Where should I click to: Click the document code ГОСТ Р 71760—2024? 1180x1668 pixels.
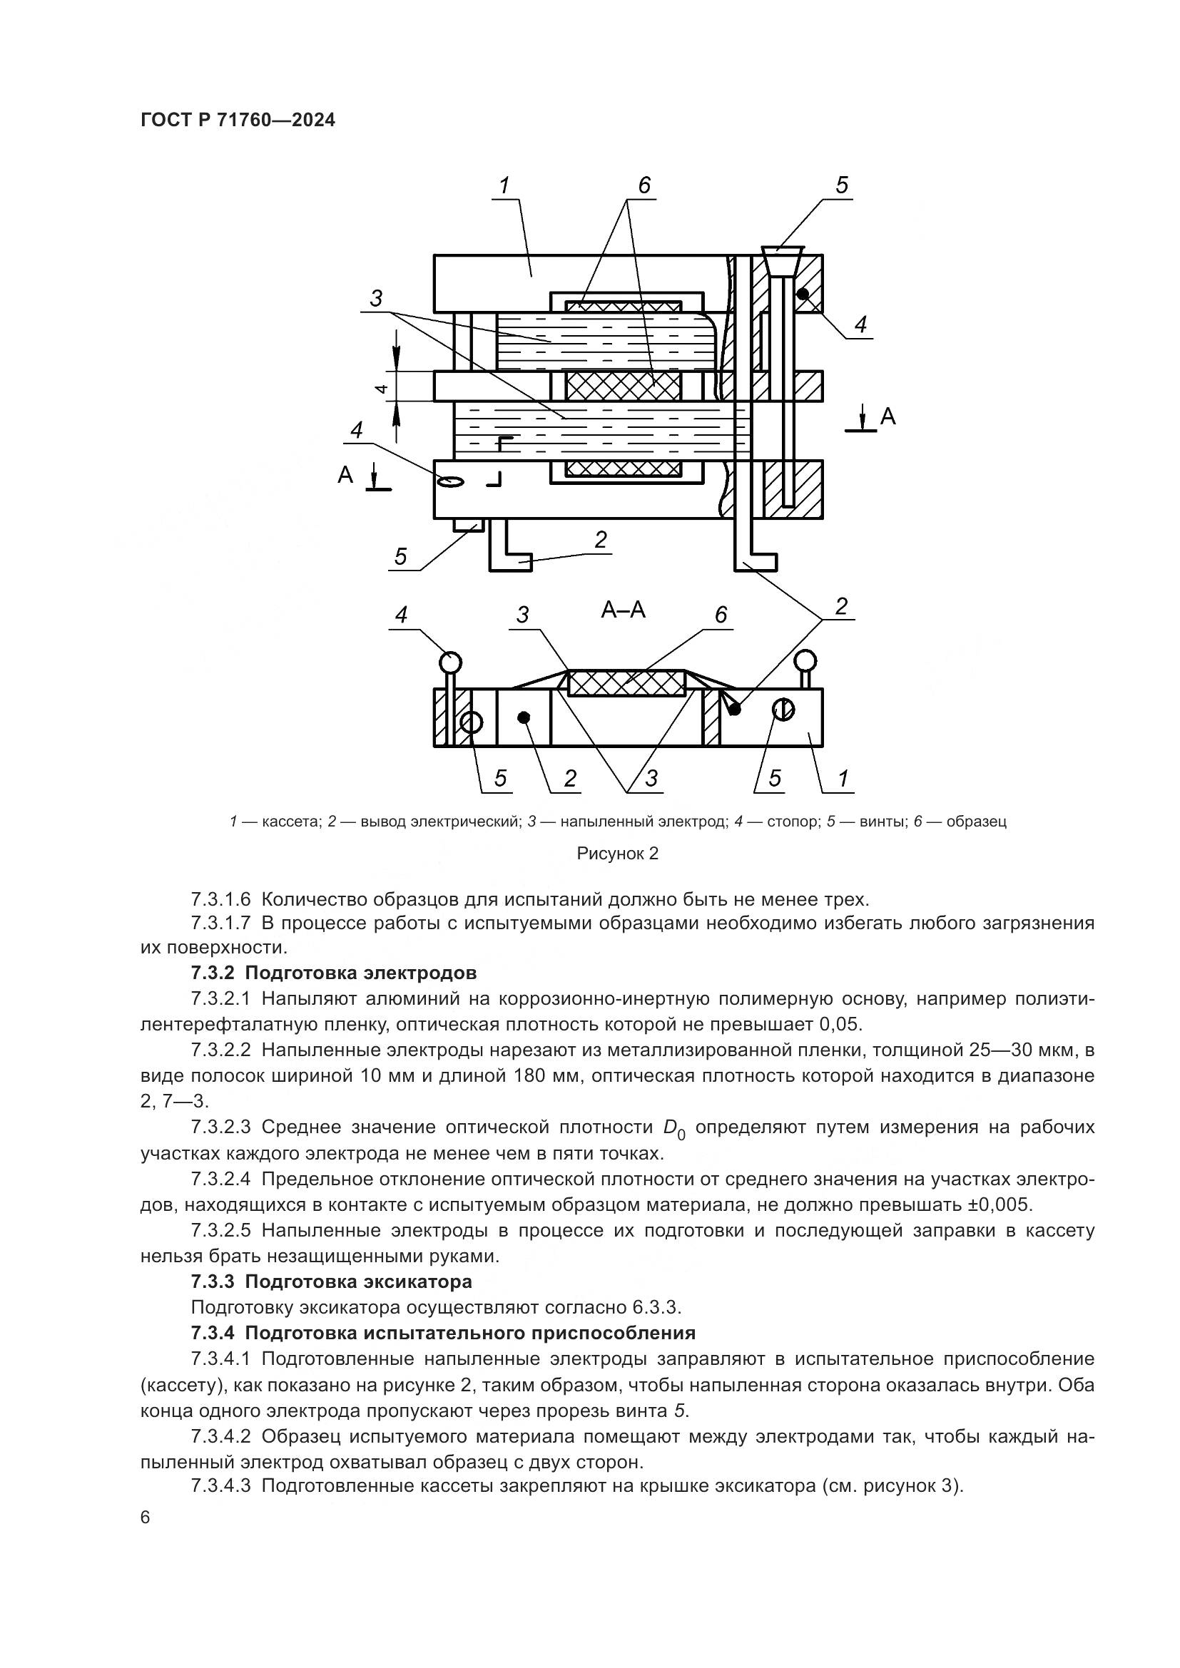coord(238,120)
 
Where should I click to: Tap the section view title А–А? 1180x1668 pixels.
coord(623,609)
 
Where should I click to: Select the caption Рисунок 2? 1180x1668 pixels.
coord(617,854)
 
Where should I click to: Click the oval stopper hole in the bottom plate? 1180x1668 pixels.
coord(450,481)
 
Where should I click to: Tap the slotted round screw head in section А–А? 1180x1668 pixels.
coord(783,709)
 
